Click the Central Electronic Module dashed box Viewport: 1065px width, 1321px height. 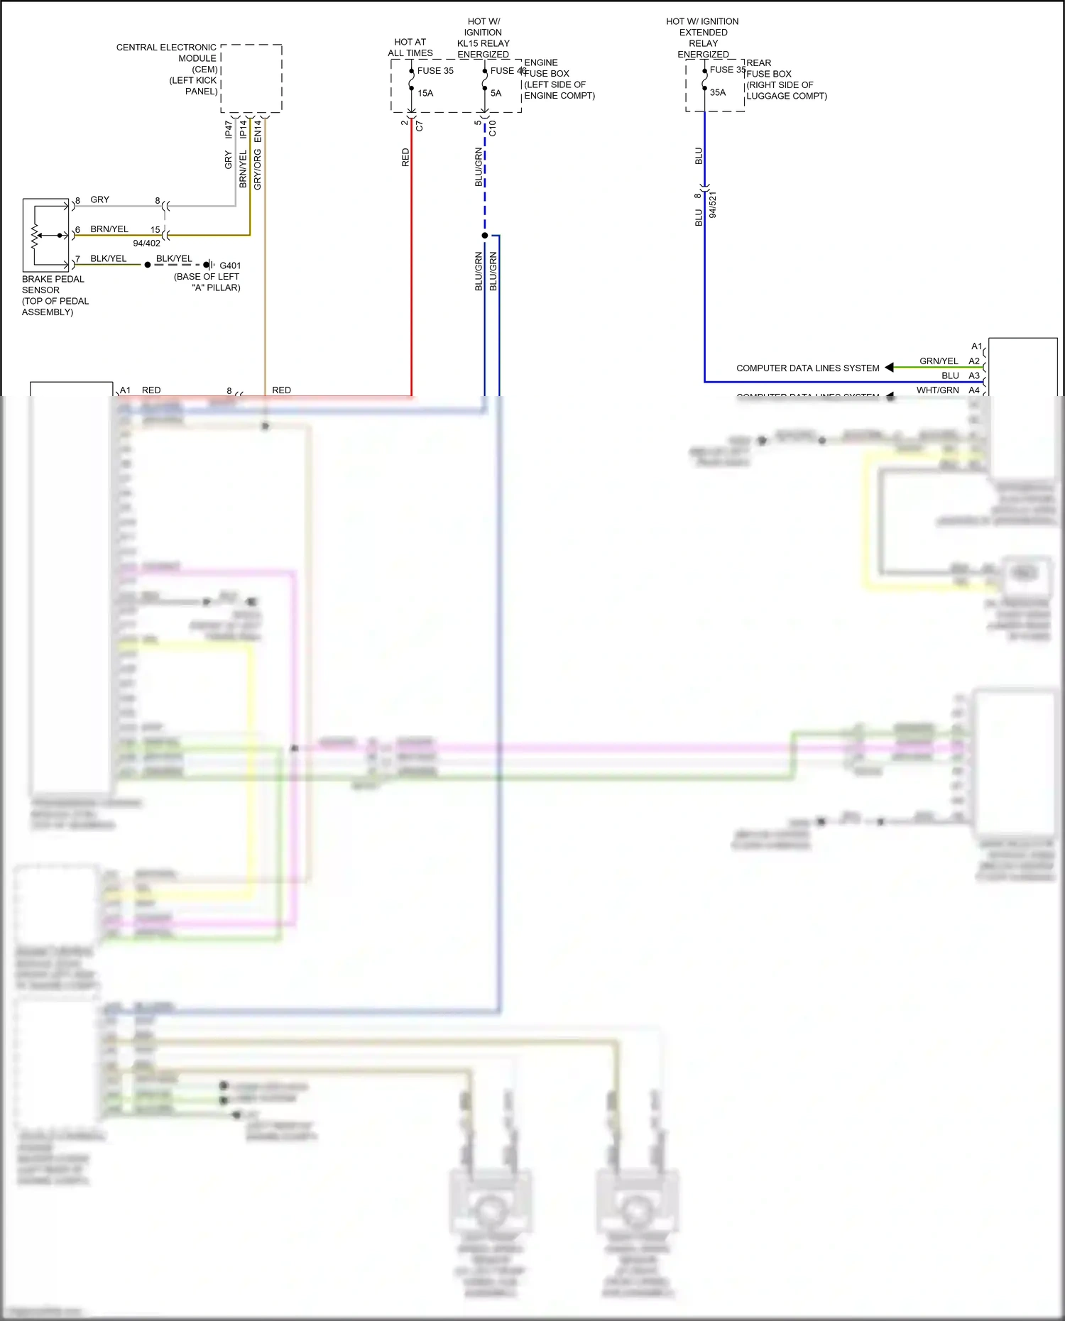[251, 78]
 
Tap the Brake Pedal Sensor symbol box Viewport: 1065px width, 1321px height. [45, 235]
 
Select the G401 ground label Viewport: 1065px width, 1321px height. [230, 265]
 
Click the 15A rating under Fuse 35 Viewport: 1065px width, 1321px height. [425, 93]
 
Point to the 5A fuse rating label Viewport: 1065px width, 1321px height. [496, 93]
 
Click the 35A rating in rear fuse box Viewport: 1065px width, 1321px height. [718, 92]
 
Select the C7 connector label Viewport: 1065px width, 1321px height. [420, 126]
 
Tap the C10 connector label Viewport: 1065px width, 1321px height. [492, 128]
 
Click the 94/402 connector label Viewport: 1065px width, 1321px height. [147, 243]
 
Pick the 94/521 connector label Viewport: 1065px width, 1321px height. [713, 204]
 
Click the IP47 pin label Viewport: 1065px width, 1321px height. [229, 129]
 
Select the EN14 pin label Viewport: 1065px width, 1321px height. [258, 129]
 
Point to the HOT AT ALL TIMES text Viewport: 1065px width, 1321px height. [410, 48]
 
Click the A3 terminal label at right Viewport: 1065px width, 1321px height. [974, 376]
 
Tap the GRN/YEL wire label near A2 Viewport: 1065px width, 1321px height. [939, 361]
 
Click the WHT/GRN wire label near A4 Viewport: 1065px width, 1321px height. [937, 390]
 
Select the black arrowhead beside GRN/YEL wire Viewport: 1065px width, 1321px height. [889, 368]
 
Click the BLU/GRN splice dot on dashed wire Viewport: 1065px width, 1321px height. [485, 236]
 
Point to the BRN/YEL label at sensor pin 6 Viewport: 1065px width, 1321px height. [109, 229]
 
